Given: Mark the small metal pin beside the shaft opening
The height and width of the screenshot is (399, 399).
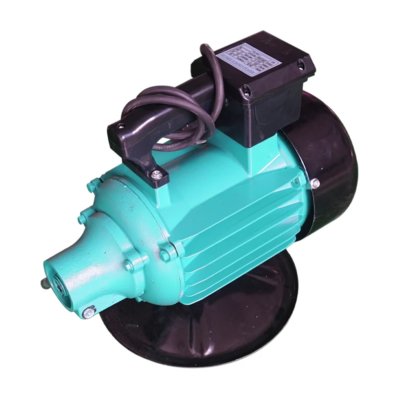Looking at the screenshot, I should [x=44, y=283].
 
